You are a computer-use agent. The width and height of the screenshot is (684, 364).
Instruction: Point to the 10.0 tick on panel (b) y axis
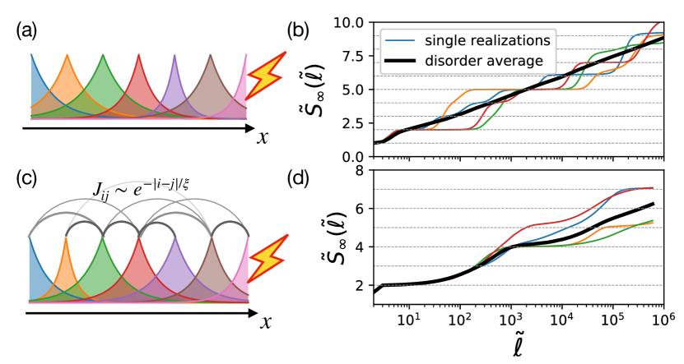tap(352, 21)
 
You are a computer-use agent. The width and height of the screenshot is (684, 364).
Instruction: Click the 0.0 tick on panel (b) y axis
tap(356, 156)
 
